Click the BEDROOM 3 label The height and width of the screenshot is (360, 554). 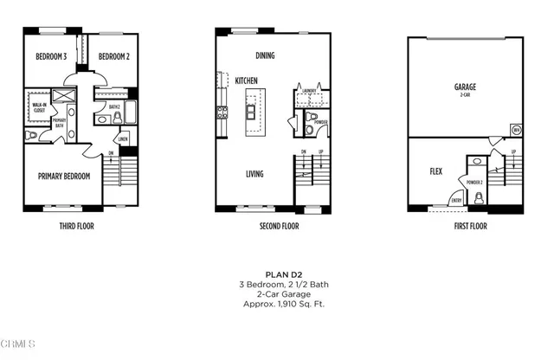[x=51, y=57]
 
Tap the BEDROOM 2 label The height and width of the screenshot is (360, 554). [x=113, y=57]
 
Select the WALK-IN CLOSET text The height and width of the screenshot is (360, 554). [x=39, y=108]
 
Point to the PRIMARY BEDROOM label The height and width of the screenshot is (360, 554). [x=64, y=176]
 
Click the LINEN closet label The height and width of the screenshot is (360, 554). [x=123, y=138]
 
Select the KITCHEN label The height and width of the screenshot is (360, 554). [x=247, y=80]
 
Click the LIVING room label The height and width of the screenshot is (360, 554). [x=254, y=174]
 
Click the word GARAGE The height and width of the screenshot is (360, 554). [x=466, y=87]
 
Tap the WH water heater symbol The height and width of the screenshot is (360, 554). [x=516, y=131]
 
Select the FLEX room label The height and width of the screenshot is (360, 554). [x=436, y=171]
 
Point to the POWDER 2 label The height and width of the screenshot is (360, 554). [x=473, y=183]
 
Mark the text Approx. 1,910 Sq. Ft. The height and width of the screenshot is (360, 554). [x=277, y=305]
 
